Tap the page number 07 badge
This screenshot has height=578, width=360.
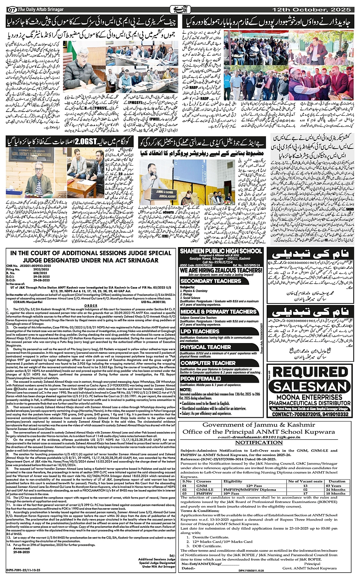click(11, 9)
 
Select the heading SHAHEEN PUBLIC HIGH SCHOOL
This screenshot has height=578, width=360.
click(221, 251)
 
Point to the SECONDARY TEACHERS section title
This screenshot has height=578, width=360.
click(211, 281)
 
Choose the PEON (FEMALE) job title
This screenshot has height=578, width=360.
click(200, 379)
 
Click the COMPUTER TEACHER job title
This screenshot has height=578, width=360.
click(208, 363)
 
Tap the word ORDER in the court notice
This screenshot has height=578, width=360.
click(91, 306)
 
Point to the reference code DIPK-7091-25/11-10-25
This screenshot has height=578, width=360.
click(23, 570)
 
